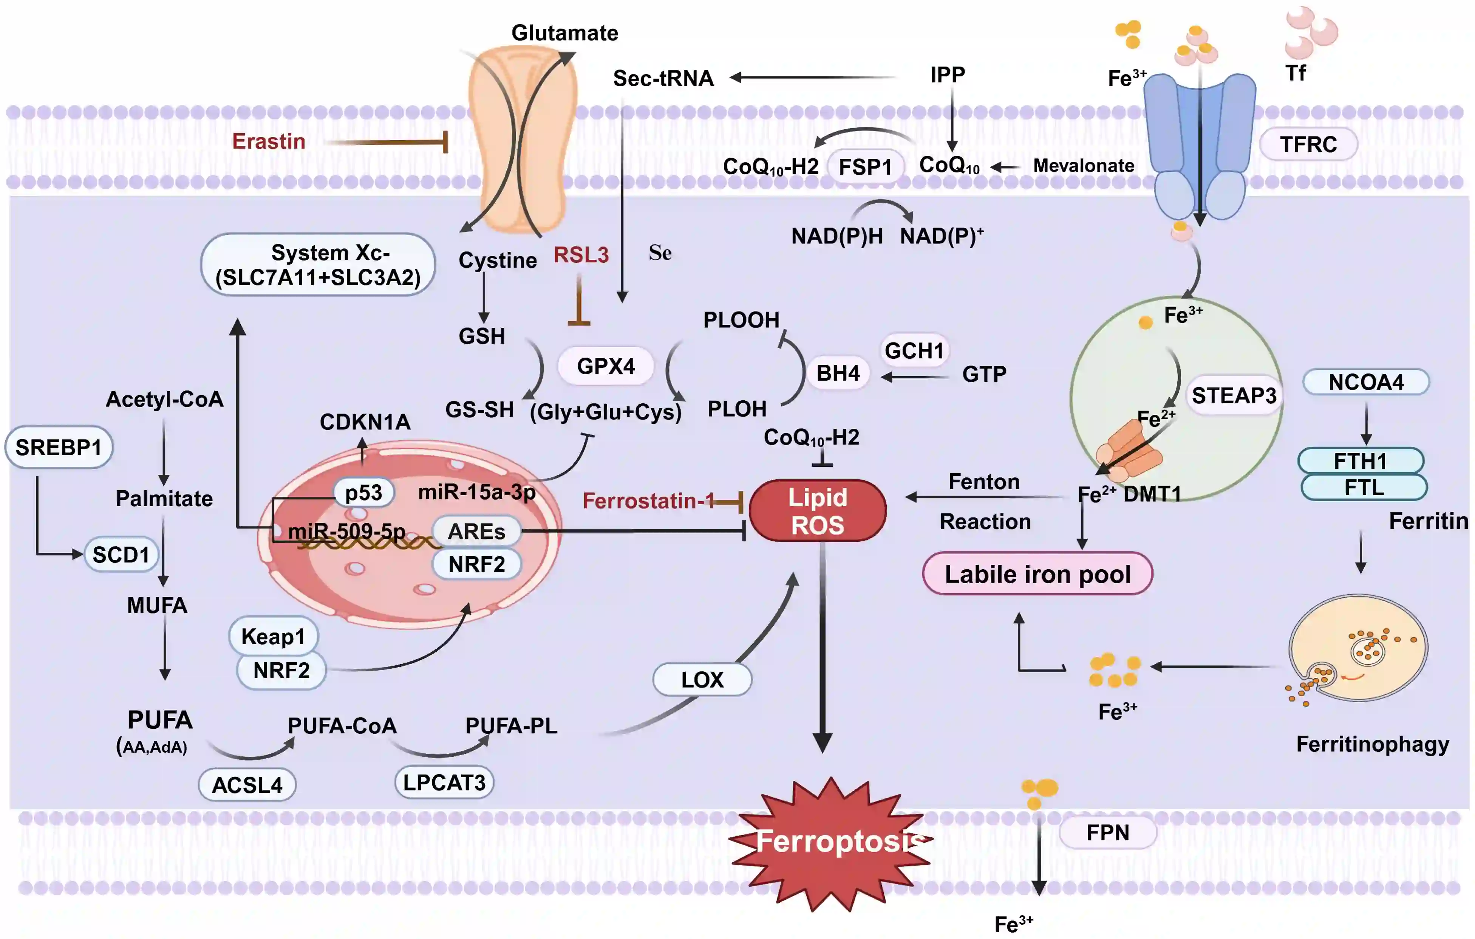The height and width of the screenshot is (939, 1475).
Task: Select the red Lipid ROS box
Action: (817, 511)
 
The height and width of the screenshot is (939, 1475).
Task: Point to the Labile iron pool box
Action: (1037, 574)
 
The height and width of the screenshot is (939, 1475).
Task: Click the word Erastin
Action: (268, 142)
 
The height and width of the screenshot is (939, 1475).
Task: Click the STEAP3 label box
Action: (1234, 395)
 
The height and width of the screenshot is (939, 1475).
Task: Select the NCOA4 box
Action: (1365, 382)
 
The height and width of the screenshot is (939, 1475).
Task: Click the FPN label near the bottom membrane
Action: (1107, 832)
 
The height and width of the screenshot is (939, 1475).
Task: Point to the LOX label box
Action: (702, 679)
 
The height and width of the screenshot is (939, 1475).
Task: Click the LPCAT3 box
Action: (444, 782)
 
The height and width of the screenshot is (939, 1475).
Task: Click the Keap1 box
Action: (273, 636)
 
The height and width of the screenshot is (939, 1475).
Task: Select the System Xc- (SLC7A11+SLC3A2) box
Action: (318, 265)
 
